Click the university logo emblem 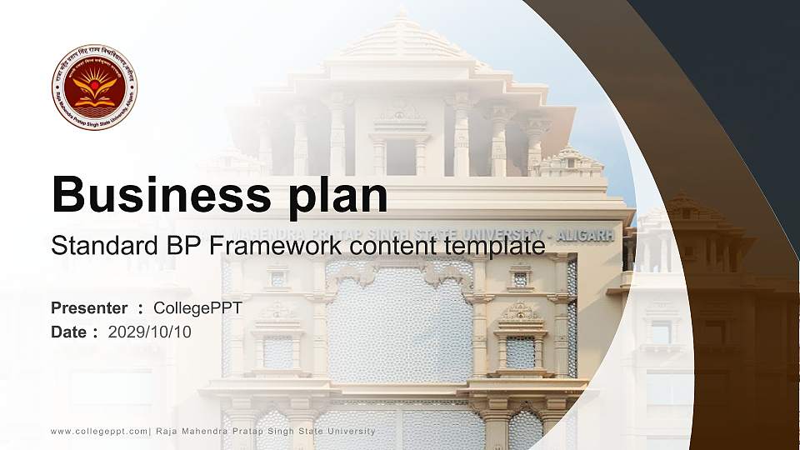(95, 87)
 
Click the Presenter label (89, 308)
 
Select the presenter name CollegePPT (197, 308)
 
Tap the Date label (69, 332)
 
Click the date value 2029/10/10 (150, 332)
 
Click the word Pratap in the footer (251, 431)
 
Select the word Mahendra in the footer (205, 431)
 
